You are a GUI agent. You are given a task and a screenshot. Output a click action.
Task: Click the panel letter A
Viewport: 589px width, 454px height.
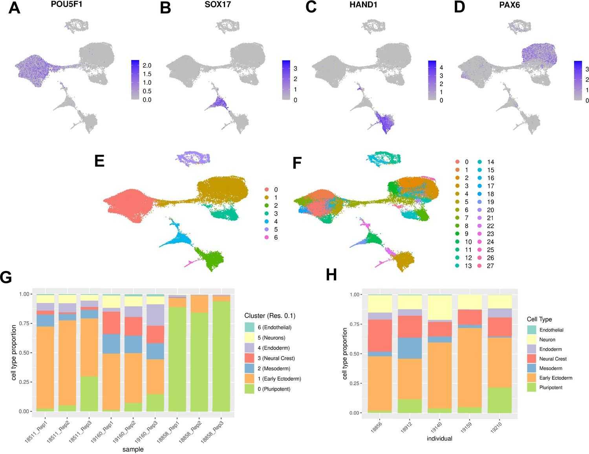coord(14,8)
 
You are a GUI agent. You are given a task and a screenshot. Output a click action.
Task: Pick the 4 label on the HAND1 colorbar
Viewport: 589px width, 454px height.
coord(441,67)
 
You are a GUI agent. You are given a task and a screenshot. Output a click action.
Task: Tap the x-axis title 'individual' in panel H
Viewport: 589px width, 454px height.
coord(439,439)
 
